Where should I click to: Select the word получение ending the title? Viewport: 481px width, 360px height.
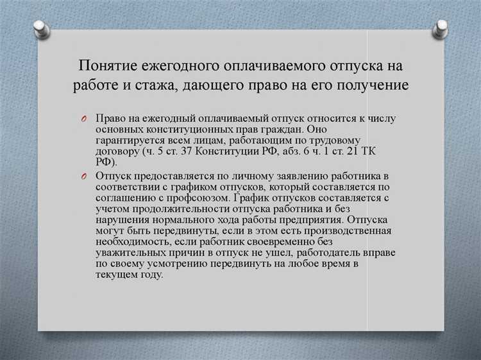coord(374,85)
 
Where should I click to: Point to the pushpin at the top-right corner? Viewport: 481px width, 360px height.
coord(441,27)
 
